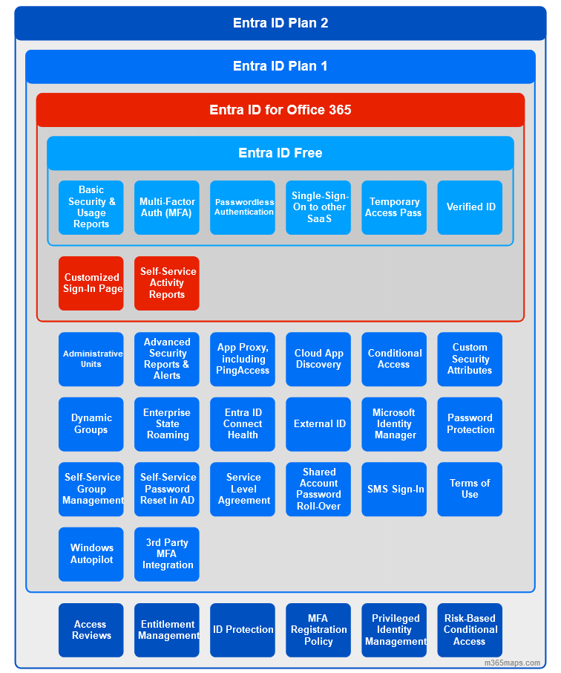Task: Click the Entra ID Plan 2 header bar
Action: point(280,23)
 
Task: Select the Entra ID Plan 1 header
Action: point(280,67)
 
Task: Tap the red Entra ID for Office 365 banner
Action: point(280,110)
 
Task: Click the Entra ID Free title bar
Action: point(280,153)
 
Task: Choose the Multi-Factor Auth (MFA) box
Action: point(167,208)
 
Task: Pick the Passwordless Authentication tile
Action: point(243,208)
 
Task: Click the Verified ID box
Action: point(470,208)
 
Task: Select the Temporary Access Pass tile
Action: point(394,208)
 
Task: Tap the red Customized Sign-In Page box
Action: point(91,283)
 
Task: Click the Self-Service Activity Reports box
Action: point(167,283)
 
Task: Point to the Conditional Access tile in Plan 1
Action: point(394,360)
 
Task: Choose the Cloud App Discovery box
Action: point(318,360)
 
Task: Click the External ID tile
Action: point(318,424)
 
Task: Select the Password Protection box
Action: point(470,424)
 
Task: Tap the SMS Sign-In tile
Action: point(394,490)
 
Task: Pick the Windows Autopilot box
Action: point(91,554)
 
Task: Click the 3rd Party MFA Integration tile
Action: point(167,554)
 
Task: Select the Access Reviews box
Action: point(91,630)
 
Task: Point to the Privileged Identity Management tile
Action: point(394,630)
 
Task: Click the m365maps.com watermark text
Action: point(512,663)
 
